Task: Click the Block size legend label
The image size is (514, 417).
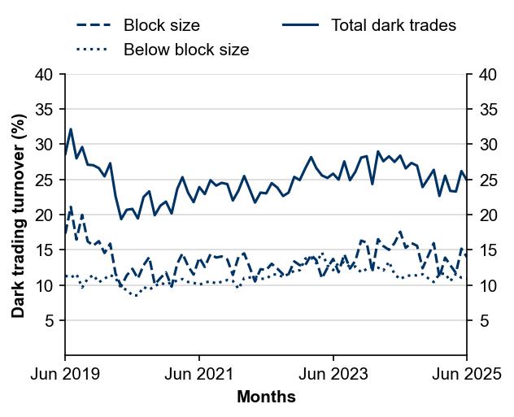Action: pos(161,25)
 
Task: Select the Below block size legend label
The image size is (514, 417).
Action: pos(186,50)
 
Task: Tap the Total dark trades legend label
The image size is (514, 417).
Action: pos(394,25)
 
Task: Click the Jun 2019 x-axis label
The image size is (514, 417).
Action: pos(65,375)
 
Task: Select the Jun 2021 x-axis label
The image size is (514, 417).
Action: pos(199,375)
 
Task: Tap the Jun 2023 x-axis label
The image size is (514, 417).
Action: pos(333,375)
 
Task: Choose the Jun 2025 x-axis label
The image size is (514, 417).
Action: pos(467,375)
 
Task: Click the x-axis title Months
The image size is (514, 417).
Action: pos(266,397)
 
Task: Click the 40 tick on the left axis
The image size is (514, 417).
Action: pos(46,75)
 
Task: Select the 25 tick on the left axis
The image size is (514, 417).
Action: pos(46,180)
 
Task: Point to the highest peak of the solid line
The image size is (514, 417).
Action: pos(71,129)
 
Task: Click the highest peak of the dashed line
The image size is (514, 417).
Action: pos(71,206)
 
